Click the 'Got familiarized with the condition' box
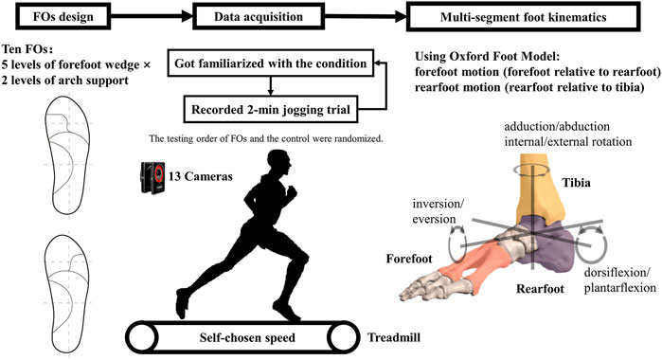pos(269,63)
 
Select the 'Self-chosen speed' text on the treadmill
pos(248,336)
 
